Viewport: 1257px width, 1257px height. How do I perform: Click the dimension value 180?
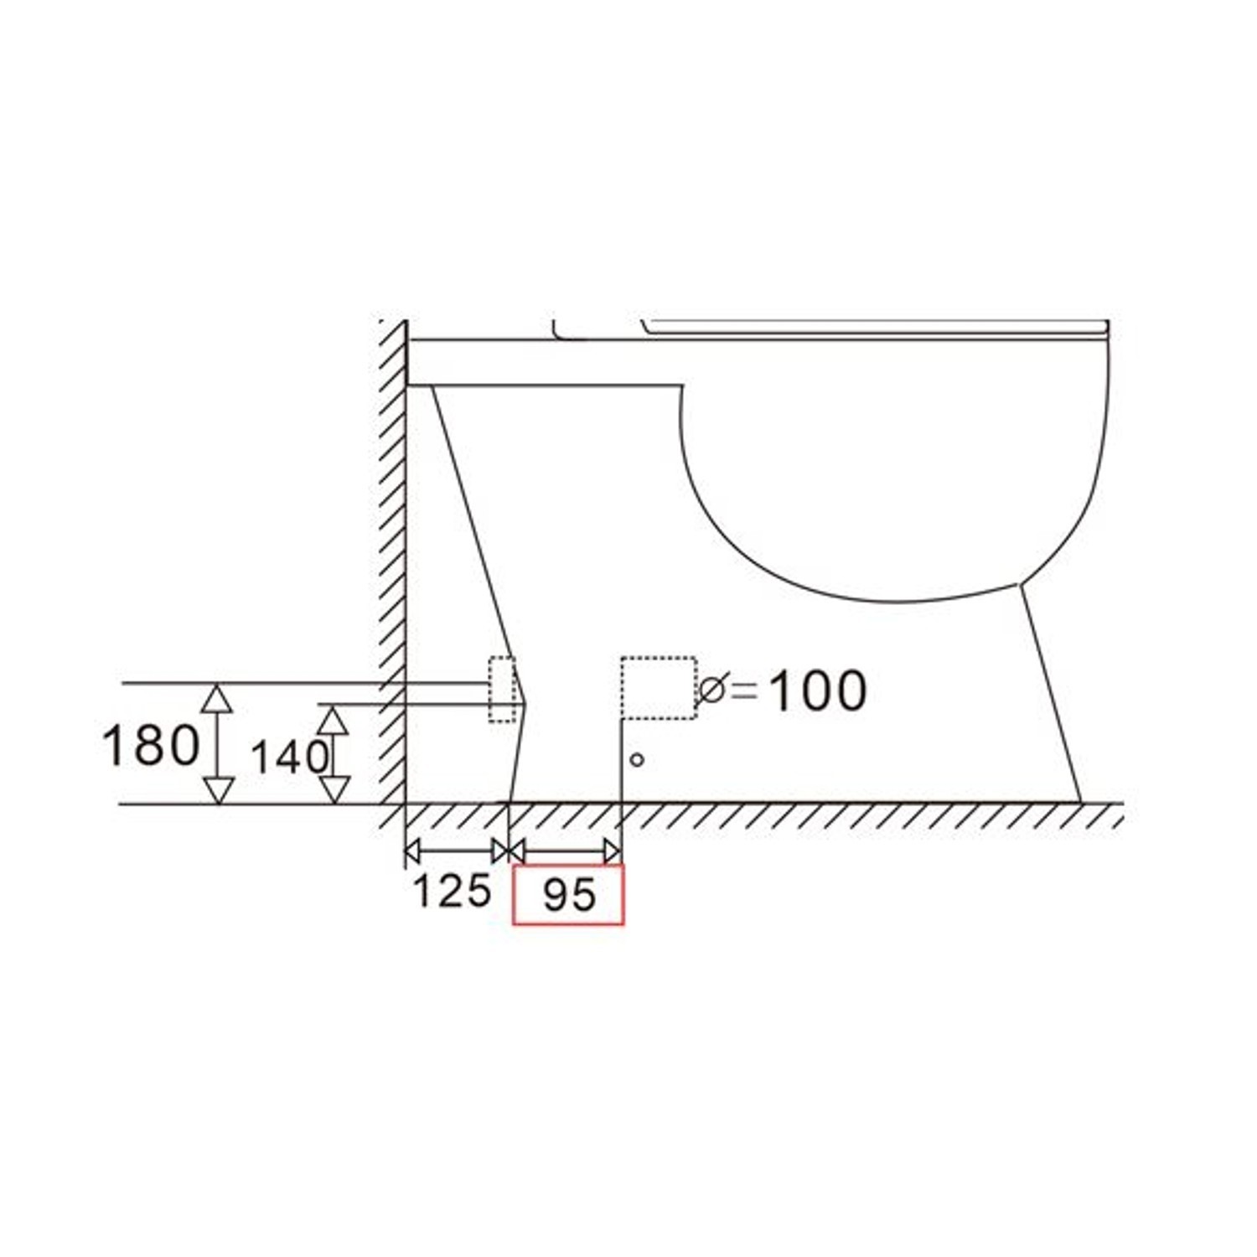151,744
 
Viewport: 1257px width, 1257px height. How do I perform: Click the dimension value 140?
288,758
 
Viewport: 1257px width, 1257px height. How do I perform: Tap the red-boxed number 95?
569,895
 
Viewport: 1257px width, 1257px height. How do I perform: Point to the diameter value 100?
817,691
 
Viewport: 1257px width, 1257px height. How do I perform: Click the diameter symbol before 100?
713,690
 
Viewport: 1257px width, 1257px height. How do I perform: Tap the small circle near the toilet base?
637,760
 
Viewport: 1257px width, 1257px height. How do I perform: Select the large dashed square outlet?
659,688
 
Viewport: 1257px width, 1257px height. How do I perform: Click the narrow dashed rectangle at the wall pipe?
502,690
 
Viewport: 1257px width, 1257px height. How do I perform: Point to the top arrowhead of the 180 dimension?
218,697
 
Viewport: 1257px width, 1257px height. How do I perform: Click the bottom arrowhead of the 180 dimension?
218,790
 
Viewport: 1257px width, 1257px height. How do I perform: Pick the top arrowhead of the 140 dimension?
334,719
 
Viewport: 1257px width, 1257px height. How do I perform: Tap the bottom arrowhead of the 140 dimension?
334,790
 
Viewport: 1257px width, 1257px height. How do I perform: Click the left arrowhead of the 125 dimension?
411,851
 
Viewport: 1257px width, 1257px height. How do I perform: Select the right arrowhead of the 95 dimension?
613,851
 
